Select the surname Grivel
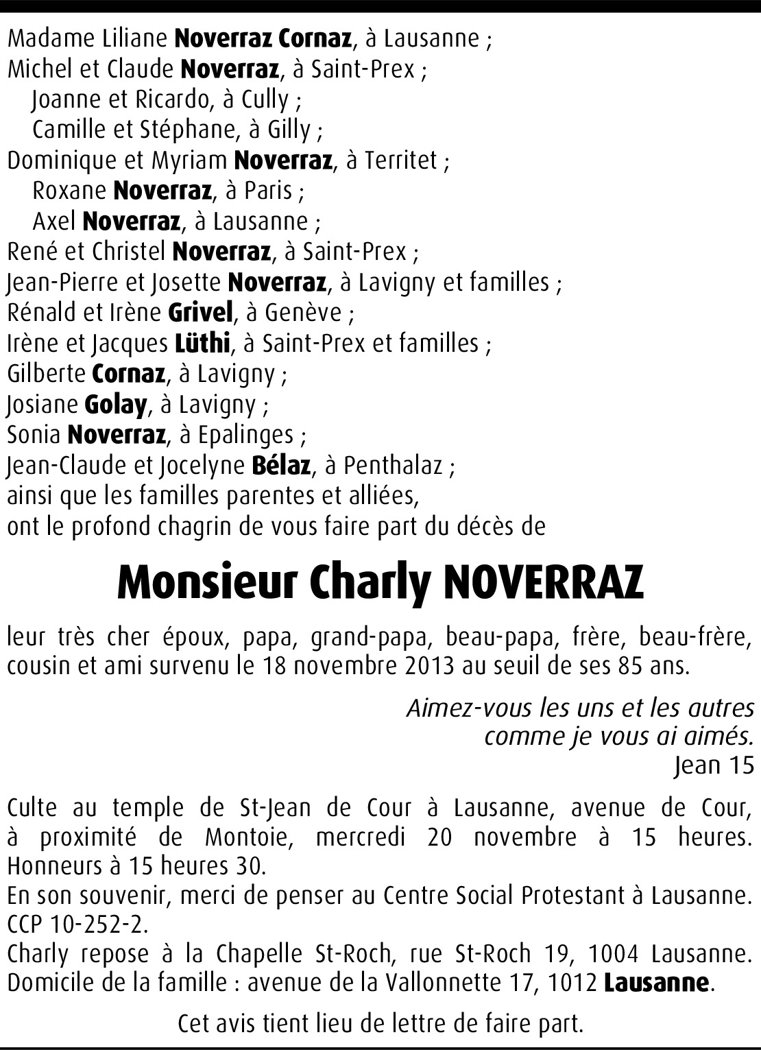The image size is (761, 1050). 201,313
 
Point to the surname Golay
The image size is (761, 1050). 115,405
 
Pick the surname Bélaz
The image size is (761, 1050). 281,466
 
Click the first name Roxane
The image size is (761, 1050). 69,191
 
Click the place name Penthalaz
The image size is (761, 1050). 393,466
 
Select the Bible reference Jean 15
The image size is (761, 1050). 714,765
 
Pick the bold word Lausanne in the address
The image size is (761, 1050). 655,983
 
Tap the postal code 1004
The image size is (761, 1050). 614,954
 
